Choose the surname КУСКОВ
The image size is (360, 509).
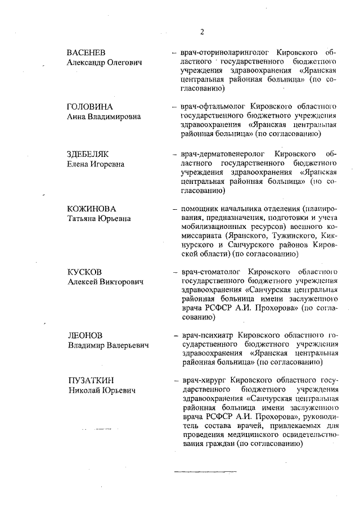[x=86, y=272]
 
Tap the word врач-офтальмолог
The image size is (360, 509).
[x=212, y=107]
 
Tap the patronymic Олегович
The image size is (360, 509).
[x=125, y=62]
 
